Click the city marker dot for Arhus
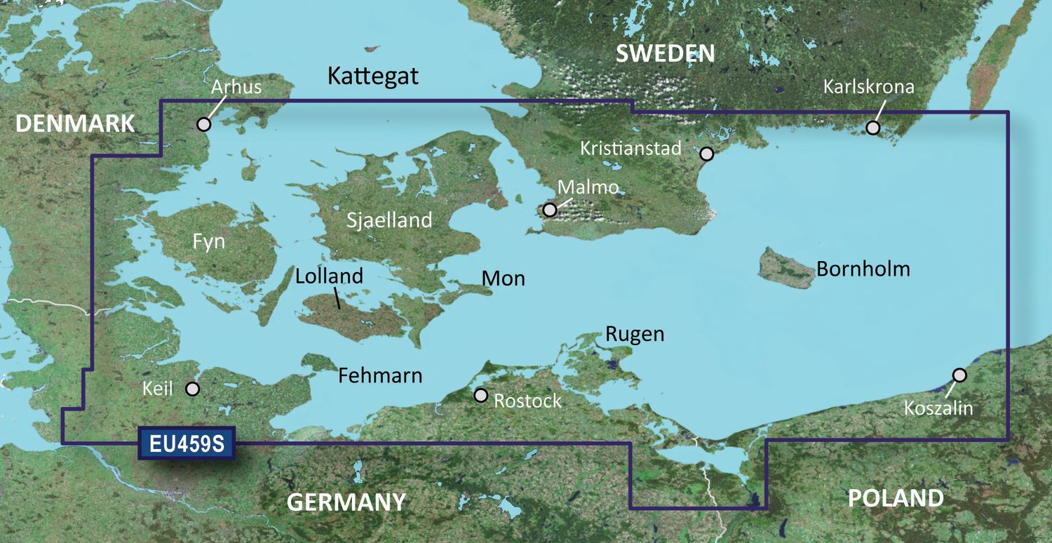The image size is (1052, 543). point(203,124)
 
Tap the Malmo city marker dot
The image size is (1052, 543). point(551,210)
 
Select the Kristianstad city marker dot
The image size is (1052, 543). point(707,153)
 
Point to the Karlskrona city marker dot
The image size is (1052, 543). point(872,128)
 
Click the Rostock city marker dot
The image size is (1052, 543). point(480,395)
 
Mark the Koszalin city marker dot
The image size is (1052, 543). point(959,375)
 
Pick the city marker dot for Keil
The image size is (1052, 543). point(192,389)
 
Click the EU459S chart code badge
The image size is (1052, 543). point(187,443)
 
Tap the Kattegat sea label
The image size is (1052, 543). point(372,76)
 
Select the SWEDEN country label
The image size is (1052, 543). point(665,53)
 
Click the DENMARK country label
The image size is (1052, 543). point(75,123)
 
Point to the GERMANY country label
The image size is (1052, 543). point(346,502)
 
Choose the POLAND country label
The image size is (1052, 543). point(896,498)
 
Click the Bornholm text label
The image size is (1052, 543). point(863,269)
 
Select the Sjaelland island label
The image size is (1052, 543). point(389,220)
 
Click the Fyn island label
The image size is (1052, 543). point(209,242)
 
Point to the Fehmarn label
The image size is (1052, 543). point(380,375)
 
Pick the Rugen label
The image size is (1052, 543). point(634,334)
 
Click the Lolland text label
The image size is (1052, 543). point(329,276)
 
